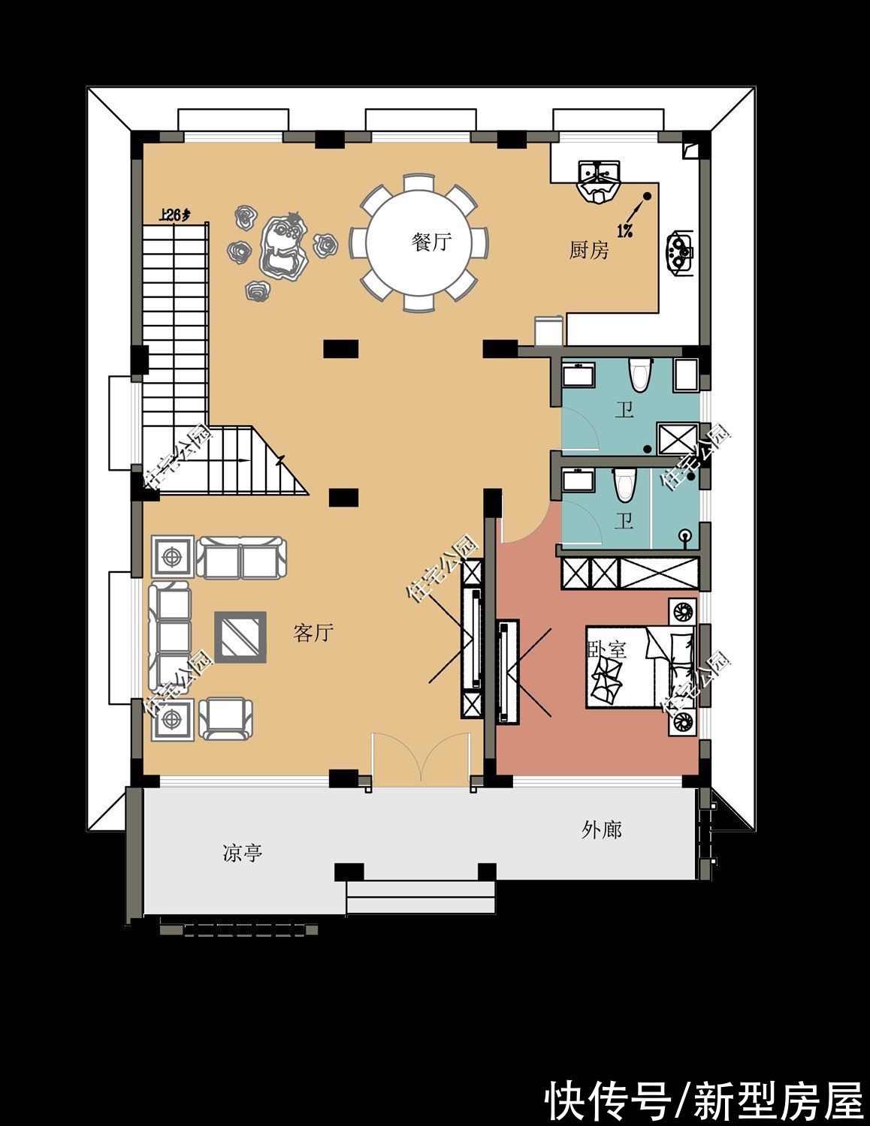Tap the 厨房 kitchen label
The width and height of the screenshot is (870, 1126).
tap(589, 251)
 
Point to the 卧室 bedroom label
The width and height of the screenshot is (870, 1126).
tap(606, 649)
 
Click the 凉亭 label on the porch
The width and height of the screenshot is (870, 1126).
tap(242, 854)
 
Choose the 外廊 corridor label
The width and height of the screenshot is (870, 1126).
tap(601, 830)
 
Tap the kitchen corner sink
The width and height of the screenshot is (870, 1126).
tap(599, 181)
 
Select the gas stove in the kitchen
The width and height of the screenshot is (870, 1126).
tap(681, 251)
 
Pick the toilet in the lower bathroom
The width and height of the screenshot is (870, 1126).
tap(624, 485)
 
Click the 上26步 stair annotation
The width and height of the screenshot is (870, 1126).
tap(175, 215)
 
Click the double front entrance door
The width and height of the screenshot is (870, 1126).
tap(422, 762)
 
